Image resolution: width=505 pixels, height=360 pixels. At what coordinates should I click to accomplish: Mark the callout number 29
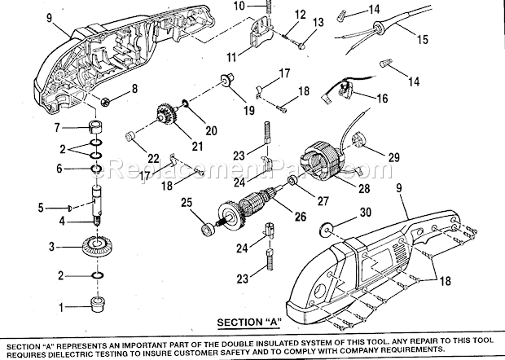tap(393, 156)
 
